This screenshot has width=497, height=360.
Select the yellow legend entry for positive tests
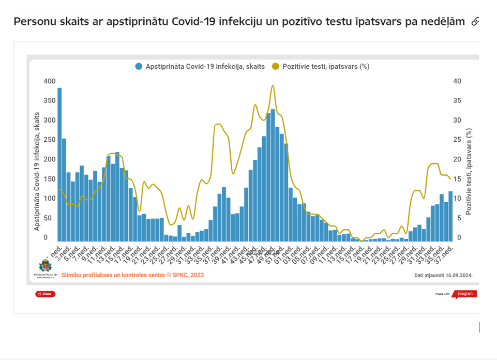click(321, 66)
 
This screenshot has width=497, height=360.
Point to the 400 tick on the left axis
click(49, 81)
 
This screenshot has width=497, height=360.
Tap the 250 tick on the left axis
click(49, 140)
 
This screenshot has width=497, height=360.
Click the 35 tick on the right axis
click(457, 101)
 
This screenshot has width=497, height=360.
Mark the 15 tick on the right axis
click(457, 179)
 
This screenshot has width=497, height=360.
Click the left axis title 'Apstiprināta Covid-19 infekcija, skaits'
click(37, 171)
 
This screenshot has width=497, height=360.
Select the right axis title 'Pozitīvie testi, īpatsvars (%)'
click(469, 171)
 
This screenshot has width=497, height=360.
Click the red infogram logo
click(464, 294)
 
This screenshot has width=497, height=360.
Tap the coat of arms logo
click(46, 267)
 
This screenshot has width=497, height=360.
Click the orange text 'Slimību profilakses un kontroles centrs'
click(124, 275)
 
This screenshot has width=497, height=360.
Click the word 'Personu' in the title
click(34, 22)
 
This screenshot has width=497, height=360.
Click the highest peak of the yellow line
click(273, 86)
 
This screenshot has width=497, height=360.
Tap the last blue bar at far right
click(450, 216)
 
